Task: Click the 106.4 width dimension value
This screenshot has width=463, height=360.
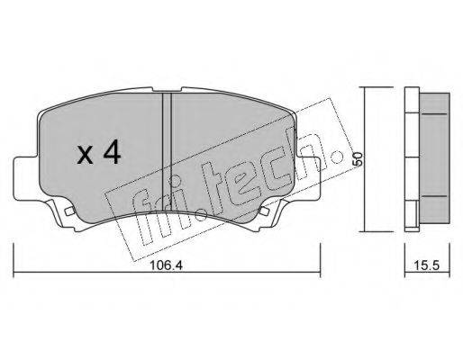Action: click(166, 265)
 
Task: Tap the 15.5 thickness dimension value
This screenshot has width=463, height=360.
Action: click(427, 265)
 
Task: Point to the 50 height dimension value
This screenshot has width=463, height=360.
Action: click(358, 159)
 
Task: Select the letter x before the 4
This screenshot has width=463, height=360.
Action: click(85, 156)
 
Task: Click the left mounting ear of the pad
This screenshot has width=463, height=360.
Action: click(26, 179)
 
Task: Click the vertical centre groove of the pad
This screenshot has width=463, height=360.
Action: click(167, 151)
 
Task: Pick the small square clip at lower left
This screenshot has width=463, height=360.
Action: click(69, 211)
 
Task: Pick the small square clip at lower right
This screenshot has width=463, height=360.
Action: click(264, 211)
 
